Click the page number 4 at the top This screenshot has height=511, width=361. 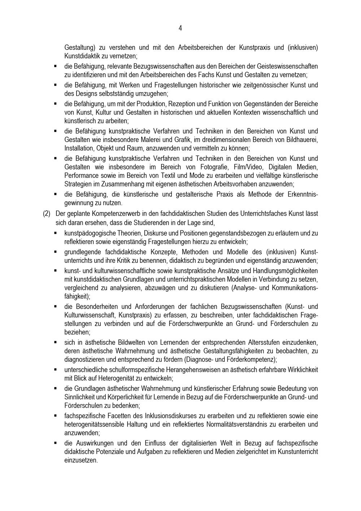(180, 28)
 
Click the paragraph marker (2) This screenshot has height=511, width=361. (47, 214)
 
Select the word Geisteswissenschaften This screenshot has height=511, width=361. (287, 66)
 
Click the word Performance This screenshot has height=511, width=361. (81, 176)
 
